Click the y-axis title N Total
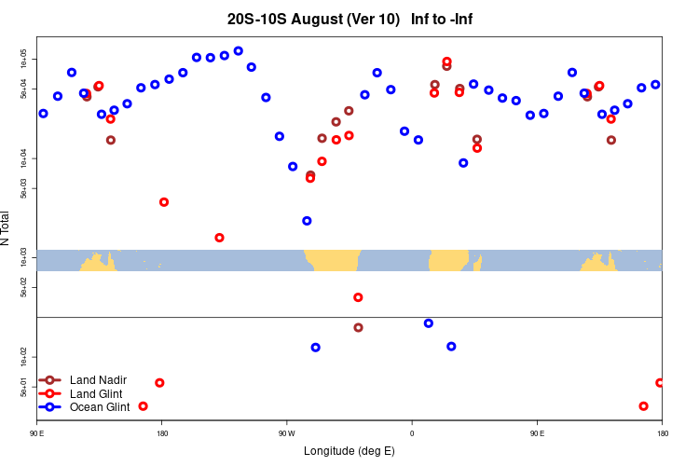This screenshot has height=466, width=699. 7,228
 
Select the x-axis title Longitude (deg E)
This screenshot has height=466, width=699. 349,451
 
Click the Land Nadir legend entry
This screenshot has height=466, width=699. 98,380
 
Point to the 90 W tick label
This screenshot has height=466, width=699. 286,433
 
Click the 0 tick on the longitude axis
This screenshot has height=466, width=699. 412,433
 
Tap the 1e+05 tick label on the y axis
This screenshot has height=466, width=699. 26,59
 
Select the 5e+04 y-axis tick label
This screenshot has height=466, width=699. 26,89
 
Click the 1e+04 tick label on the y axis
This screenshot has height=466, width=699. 26,158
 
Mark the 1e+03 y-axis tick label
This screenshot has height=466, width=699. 26,255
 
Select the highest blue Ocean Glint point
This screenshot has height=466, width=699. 239,51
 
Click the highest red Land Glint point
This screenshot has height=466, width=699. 446,62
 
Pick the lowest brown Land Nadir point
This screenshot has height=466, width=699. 359,327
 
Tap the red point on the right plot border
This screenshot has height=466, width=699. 660,383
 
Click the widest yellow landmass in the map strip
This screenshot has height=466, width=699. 333,260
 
